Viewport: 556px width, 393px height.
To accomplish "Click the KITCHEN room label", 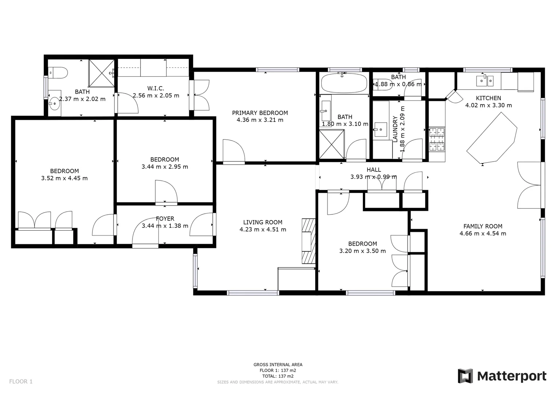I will point(488,98).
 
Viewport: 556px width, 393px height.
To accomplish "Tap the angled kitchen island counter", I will point(492,139).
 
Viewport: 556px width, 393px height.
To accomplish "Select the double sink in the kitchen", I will point(485,80).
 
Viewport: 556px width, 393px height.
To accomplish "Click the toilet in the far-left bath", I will point(58,73).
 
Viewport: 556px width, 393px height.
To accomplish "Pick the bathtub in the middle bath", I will point(344,83).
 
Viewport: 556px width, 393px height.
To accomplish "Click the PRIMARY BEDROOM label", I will point(260,113).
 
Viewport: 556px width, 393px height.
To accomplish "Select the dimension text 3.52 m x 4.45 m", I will point(64,178).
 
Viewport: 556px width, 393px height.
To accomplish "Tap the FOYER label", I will point(165,219).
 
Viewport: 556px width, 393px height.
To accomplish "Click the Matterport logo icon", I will point(465,376).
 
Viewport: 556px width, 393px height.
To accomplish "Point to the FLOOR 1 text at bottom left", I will point(21,381).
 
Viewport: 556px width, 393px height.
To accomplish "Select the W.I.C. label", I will point(156,88).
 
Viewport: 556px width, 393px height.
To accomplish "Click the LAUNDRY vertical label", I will point(395,129).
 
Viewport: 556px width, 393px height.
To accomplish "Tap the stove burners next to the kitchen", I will point(437,139).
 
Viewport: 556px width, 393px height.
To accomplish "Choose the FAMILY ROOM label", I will point(482,226).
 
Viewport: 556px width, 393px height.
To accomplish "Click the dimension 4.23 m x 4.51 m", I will point(263,230).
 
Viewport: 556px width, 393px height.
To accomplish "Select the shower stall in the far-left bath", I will point(102,73).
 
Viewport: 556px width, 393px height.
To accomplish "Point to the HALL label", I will point(374,170).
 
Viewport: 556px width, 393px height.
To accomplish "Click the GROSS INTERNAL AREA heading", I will point(278,365).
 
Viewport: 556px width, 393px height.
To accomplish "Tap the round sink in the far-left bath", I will point(55,104).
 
